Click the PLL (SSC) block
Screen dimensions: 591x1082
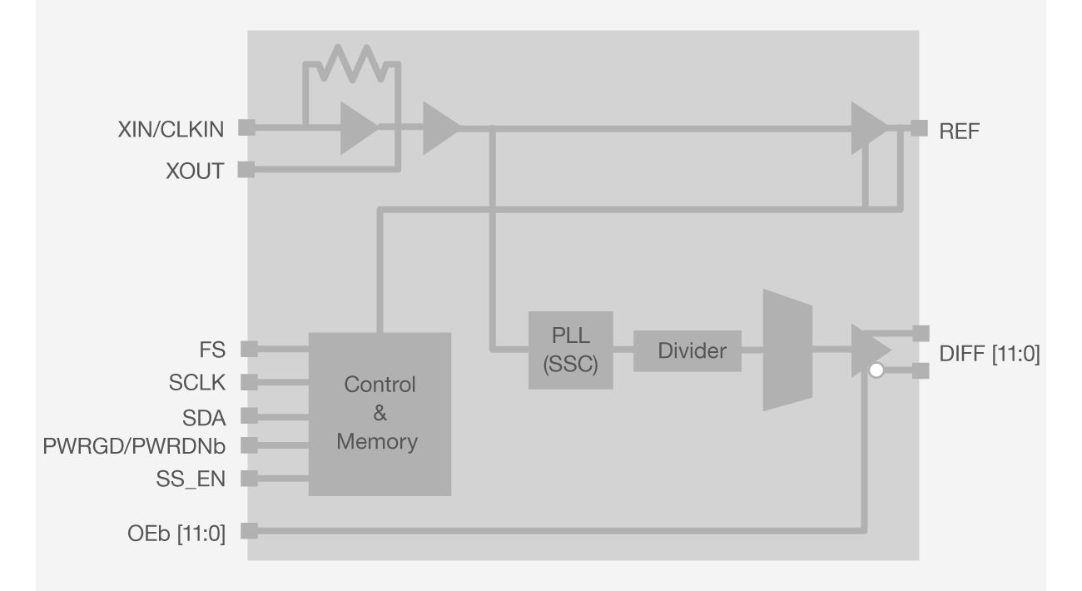click(571, 350)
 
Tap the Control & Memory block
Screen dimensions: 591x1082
click(380, 414)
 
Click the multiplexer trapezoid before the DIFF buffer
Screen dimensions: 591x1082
click(787, 350)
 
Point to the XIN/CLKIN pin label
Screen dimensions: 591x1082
click(171, 129)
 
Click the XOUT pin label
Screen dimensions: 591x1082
click(194, 171)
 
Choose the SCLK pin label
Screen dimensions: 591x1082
click(196, 383)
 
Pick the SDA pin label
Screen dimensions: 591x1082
click(205, 415)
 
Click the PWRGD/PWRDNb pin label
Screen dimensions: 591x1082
click(134, 446)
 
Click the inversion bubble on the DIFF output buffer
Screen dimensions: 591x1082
click(876, 371)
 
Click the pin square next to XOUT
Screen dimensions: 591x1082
click(246, 170)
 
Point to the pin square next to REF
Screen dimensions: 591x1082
click(919, 128)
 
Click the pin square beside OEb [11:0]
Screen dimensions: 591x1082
click(248, 531)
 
